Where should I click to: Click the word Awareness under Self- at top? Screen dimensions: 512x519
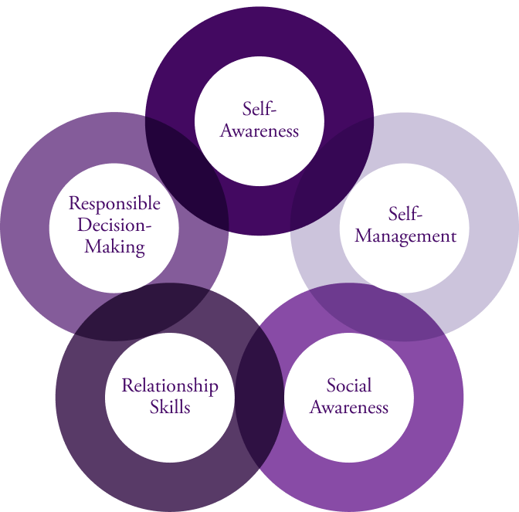[x=259, y=131]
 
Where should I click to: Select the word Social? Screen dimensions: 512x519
[x=349, y=385]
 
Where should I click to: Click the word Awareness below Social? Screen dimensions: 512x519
[x=349, y=406]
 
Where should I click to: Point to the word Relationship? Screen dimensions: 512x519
[x=170, y=385]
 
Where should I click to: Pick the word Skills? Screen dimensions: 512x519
[x=170, y=406]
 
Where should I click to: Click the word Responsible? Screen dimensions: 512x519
[x=114, y=203]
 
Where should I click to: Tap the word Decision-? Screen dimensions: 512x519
[x=114, y=225]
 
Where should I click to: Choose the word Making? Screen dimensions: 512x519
[x=114, y=246]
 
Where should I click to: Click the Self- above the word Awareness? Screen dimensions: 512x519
[x=259, y=109]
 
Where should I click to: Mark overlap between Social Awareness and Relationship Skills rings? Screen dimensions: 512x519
[x=259, y=402]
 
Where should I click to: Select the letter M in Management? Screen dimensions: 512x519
[x=363, y=236]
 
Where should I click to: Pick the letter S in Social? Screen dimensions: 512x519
[x=332, y=385]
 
